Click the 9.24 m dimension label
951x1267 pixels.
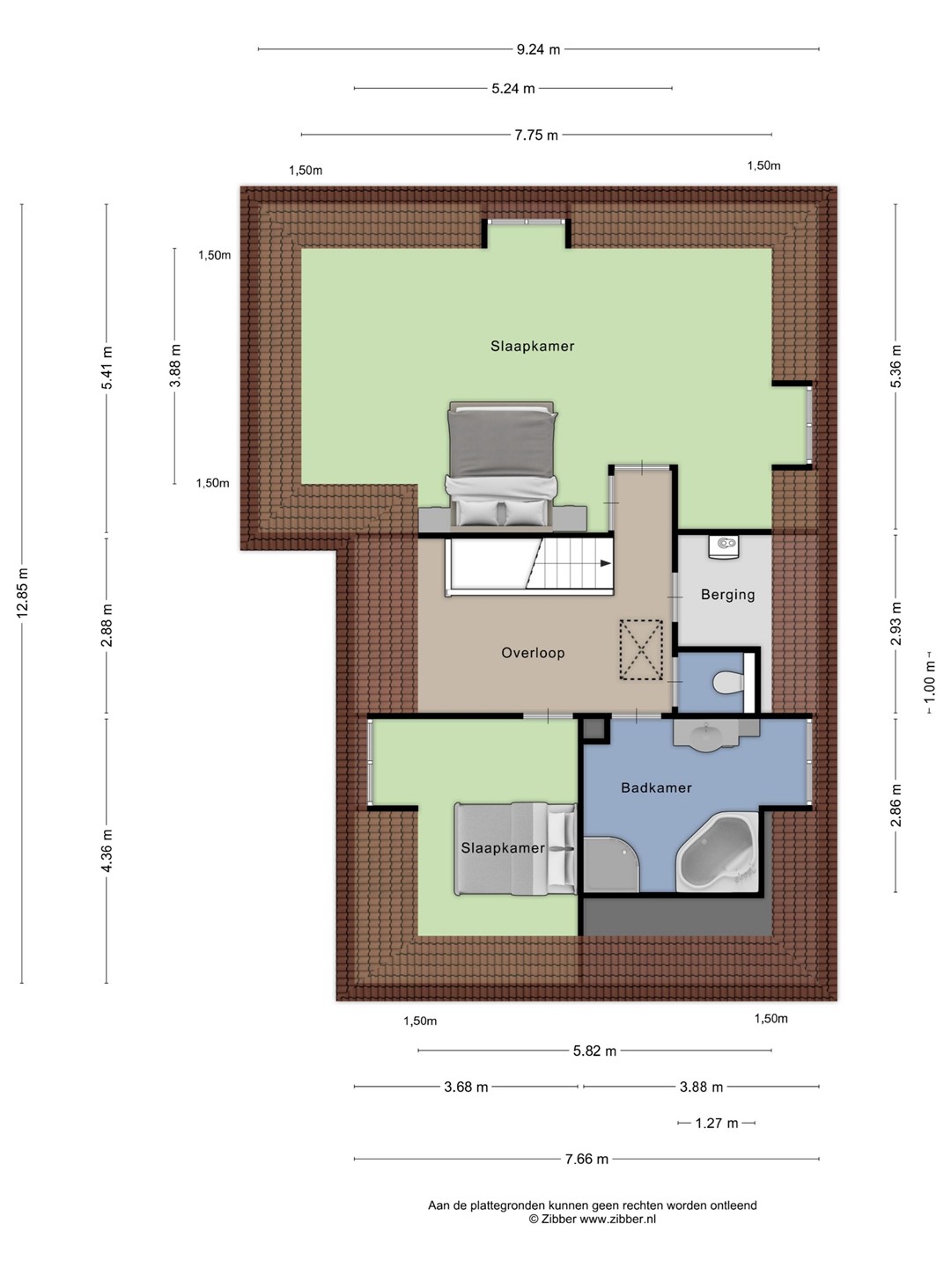tap(538, 49)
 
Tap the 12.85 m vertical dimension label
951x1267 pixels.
tap(23, 593)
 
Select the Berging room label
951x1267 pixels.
tap(727, 595)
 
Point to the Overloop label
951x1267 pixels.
tap(533, 653)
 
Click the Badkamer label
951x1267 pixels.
tap(656, 787)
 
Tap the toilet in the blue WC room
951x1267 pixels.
tap(728, 683)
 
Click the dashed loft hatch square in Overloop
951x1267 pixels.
tap(641, 649)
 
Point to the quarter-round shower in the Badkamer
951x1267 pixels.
tap(611, 864)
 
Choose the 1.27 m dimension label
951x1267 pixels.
tap(716, 1123)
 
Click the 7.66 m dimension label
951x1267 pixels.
tap(586, 1159)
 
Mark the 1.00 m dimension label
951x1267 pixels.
tap(929, 683)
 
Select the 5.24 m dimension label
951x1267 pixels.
tap(513, 89)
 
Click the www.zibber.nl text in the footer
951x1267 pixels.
tap(618, 1219)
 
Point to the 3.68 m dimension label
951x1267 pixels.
tap(466, 1087)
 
